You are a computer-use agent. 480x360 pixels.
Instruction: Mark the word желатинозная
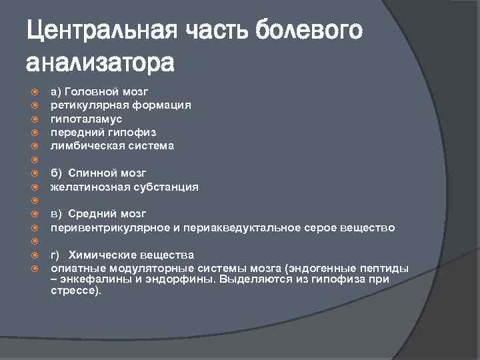(x=87, y=187)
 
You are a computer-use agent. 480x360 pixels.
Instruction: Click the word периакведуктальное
(x=228, y=227)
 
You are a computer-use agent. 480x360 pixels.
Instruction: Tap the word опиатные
(x=75, y=268)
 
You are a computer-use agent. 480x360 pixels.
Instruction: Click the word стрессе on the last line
(x=73, y=291)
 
